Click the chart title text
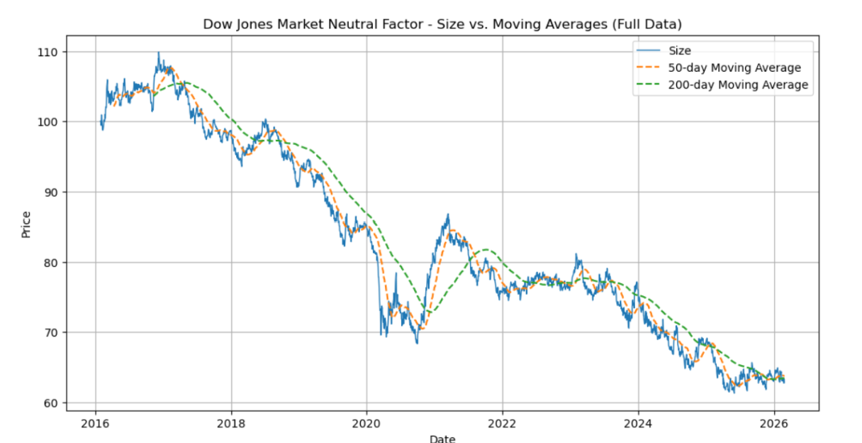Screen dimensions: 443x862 tap(442, 24)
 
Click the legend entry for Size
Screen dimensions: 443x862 tap(679, 50)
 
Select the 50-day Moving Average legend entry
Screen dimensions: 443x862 tap(734, 67)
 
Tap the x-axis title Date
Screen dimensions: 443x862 tap(442, 438)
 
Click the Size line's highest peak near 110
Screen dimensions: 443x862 tap(158, 53)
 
